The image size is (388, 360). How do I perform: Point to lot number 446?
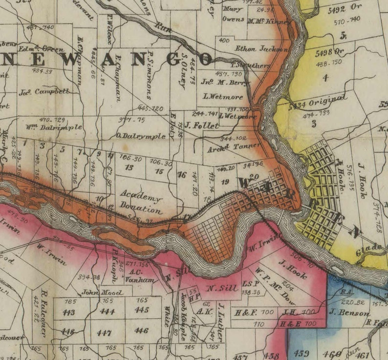tap(141, 331)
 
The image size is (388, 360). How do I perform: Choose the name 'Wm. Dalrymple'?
tap(54, 127)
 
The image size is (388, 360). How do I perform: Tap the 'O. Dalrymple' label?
tap(141, 136)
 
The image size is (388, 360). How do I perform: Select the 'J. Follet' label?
tap(201, 125)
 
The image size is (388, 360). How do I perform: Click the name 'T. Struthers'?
tap(250, 65)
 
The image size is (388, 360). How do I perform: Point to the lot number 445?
tap(142, 310)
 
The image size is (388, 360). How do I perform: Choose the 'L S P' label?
tap(250, 284)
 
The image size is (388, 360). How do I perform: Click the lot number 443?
tap(68, 313)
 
